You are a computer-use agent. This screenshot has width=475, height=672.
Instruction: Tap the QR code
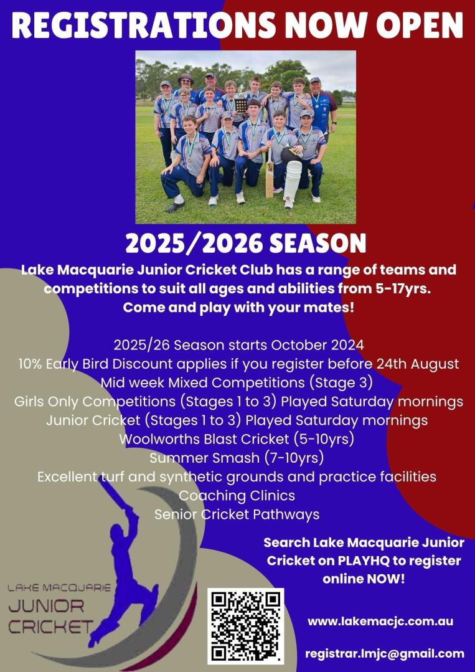coord(245,625)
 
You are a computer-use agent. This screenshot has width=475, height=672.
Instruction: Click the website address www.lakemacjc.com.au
coord(380,622)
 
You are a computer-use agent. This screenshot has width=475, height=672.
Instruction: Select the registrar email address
coord(385,653)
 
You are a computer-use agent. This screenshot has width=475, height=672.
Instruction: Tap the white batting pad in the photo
coord(293,180)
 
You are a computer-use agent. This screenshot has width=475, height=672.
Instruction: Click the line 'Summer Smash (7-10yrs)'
coord(237,458)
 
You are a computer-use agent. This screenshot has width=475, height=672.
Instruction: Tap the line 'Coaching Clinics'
coord(237,495)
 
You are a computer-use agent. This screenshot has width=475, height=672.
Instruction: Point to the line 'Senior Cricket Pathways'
coord(237,514)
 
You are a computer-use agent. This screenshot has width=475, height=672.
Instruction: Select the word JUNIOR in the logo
coord(46,607)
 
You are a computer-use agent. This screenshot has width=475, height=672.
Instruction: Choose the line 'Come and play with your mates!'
coord(238,308)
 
